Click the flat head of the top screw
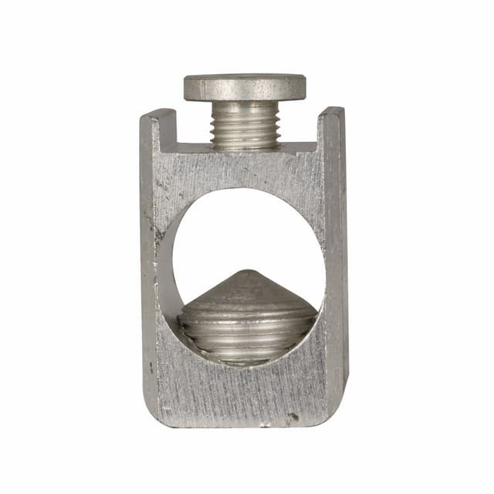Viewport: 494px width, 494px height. pos(245,86)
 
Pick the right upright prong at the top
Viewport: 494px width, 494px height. pos(332,123)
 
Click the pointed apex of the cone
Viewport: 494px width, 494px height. pos(247,272)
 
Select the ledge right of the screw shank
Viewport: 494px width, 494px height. pos(299,147)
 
